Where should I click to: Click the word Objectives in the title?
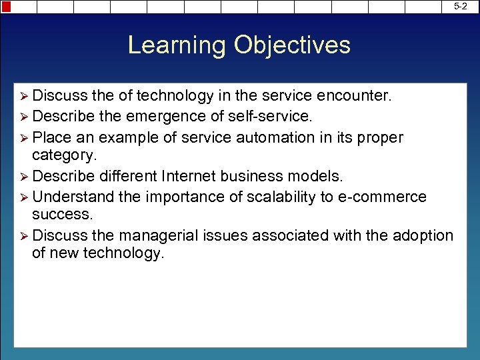(292, 45)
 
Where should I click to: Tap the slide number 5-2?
(460, 6)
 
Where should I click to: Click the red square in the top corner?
(6, 7)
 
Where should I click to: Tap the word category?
(64, 155)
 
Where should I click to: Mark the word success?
(62, 215)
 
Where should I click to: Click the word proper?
(381, 137)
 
